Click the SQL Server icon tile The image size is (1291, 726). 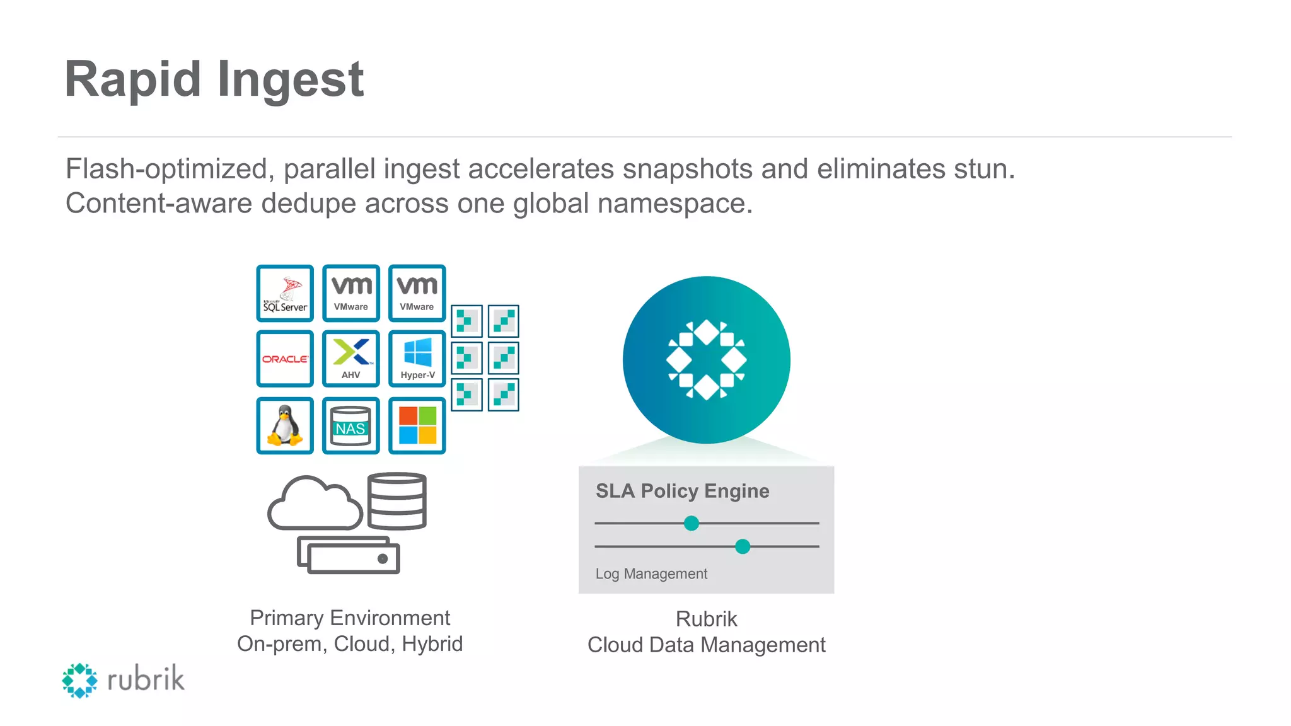(285, 294)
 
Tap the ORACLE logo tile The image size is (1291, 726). (285, 359)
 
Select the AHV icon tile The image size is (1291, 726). (351, 359)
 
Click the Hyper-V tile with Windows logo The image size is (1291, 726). (417, 359)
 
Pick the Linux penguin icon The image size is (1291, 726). (285, 425)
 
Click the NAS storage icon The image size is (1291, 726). (351, 426)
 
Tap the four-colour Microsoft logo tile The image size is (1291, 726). (417, 425)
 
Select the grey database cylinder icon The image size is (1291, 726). (397, 501)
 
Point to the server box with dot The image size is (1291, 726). (349, 556)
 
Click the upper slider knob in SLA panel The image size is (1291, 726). (692, 523)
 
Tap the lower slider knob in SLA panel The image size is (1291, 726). (743, 546)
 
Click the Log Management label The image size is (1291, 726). (651, 574)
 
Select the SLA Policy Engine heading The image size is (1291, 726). (682, 491)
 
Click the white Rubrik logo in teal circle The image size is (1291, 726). (707, 360)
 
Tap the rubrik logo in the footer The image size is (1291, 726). (123, 680)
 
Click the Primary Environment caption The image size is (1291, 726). (350, 618)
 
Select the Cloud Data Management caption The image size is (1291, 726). (706, 645)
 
